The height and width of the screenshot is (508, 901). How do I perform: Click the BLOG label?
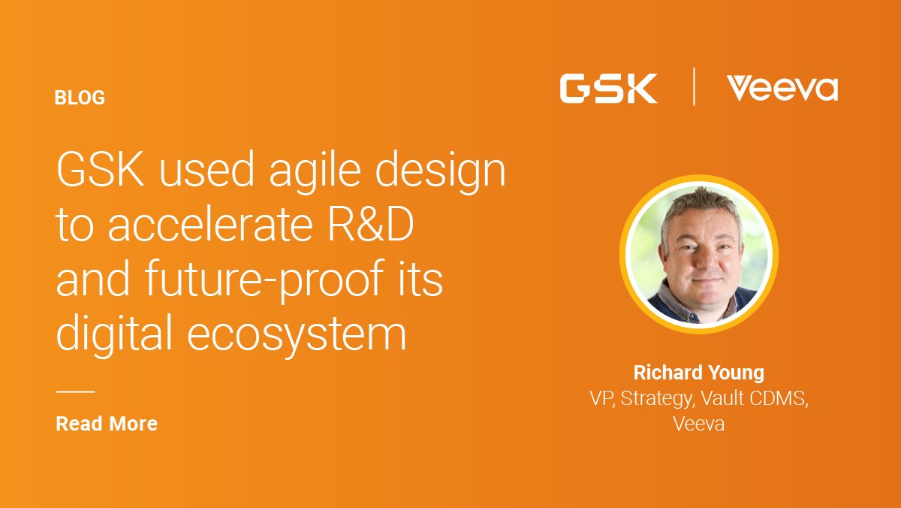pyautogui.click(x=80, y=98)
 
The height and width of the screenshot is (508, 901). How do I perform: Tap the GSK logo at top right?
pyautogui.click(x=608, y=89)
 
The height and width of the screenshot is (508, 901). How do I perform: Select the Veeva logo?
pyautogui.click(x=782, y=89)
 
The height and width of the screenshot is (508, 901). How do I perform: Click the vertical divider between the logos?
pyautogui.click(x=693, y=87)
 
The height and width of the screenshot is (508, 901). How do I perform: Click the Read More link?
pyautogui.click(x=107, y=424)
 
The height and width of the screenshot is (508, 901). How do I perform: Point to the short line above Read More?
pyautogui.click(x=75, y=392)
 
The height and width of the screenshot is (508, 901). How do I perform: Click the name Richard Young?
pyautogui.click(x=698, y=373)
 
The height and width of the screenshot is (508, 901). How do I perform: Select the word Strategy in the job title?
pyautogui.click(x=653, y=398)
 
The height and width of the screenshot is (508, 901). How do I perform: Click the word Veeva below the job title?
pyautogui.click(x=698, y=424)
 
